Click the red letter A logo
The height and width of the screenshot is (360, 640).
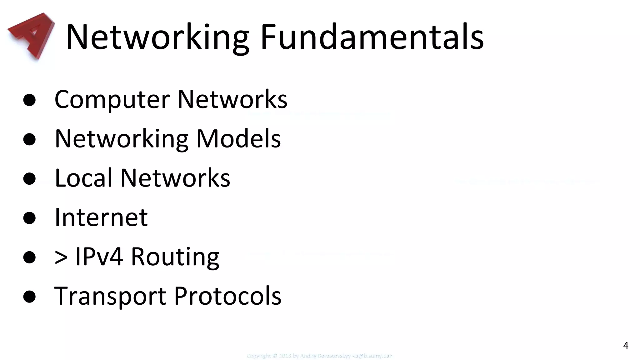coord(31,35)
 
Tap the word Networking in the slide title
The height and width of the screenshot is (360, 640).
coord(157,37)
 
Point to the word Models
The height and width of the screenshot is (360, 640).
coord(238,138)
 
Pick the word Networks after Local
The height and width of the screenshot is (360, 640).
coord(175,178)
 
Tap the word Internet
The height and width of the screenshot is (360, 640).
coord(101,217)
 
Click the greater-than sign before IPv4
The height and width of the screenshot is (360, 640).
coord(61,257)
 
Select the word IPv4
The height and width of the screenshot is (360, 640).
coord(99,257)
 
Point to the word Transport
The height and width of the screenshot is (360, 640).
coord(110,296)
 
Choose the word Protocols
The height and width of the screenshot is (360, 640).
coord(227,296)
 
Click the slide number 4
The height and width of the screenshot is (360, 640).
coord(626,345)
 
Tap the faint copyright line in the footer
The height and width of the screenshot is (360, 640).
coord(319,356)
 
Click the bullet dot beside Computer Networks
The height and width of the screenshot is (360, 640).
coord(29,100)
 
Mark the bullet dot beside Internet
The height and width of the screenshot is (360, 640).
coord(29,218)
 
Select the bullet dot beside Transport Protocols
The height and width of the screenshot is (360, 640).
coord(29,297)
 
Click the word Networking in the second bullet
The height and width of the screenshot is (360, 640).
coord(122,139)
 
